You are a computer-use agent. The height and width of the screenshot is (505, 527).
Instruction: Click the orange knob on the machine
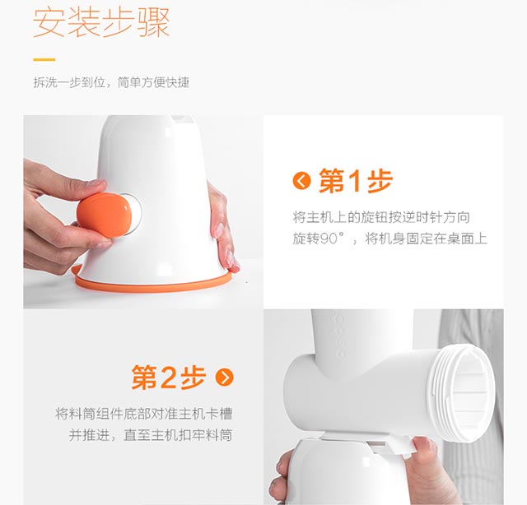[x=105, y=215]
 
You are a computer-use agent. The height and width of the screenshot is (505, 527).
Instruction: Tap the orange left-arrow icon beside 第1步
[x=301, y=181]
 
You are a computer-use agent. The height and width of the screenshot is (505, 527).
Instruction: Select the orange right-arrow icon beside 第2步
[x=224, y=378]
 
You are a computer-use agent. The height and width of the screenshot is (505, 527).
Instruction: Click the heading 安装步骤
[x=101, y=23]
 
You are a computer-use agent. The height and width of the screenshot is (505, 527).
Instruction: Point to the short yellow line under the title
[x=44, y=60]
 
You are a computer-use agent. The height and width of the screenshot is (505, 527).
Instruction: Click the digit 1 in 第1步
[x=355, y=181]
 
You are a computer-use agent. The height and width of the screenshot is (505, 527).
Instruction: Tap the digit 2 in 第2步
[x=169, y=378]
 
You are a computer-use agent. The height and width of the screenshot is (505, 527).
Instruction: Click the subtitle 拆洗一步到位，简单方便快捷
[x=111, y=82]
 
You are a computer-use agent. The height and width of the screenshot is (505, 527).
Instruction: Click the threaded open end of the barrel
[x=467, y=393]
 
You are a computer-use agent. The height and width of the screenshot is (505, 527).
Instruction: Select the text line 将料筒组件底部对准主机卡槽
[x=144, y=414]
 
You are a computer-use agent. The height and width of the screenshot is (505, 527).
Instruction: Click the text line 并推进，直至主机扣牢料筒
[x=151, y=435]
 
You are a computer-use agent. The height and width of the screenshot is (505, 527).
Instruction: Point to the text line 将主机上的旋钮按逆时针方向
[x=381, y=217]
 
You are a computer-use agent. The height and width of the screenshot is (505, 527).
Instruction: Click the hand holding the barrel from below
[x=425, y=470]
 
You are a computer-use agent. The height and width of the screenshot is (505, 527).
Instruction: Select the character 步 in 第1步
[x=380, y=181]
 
